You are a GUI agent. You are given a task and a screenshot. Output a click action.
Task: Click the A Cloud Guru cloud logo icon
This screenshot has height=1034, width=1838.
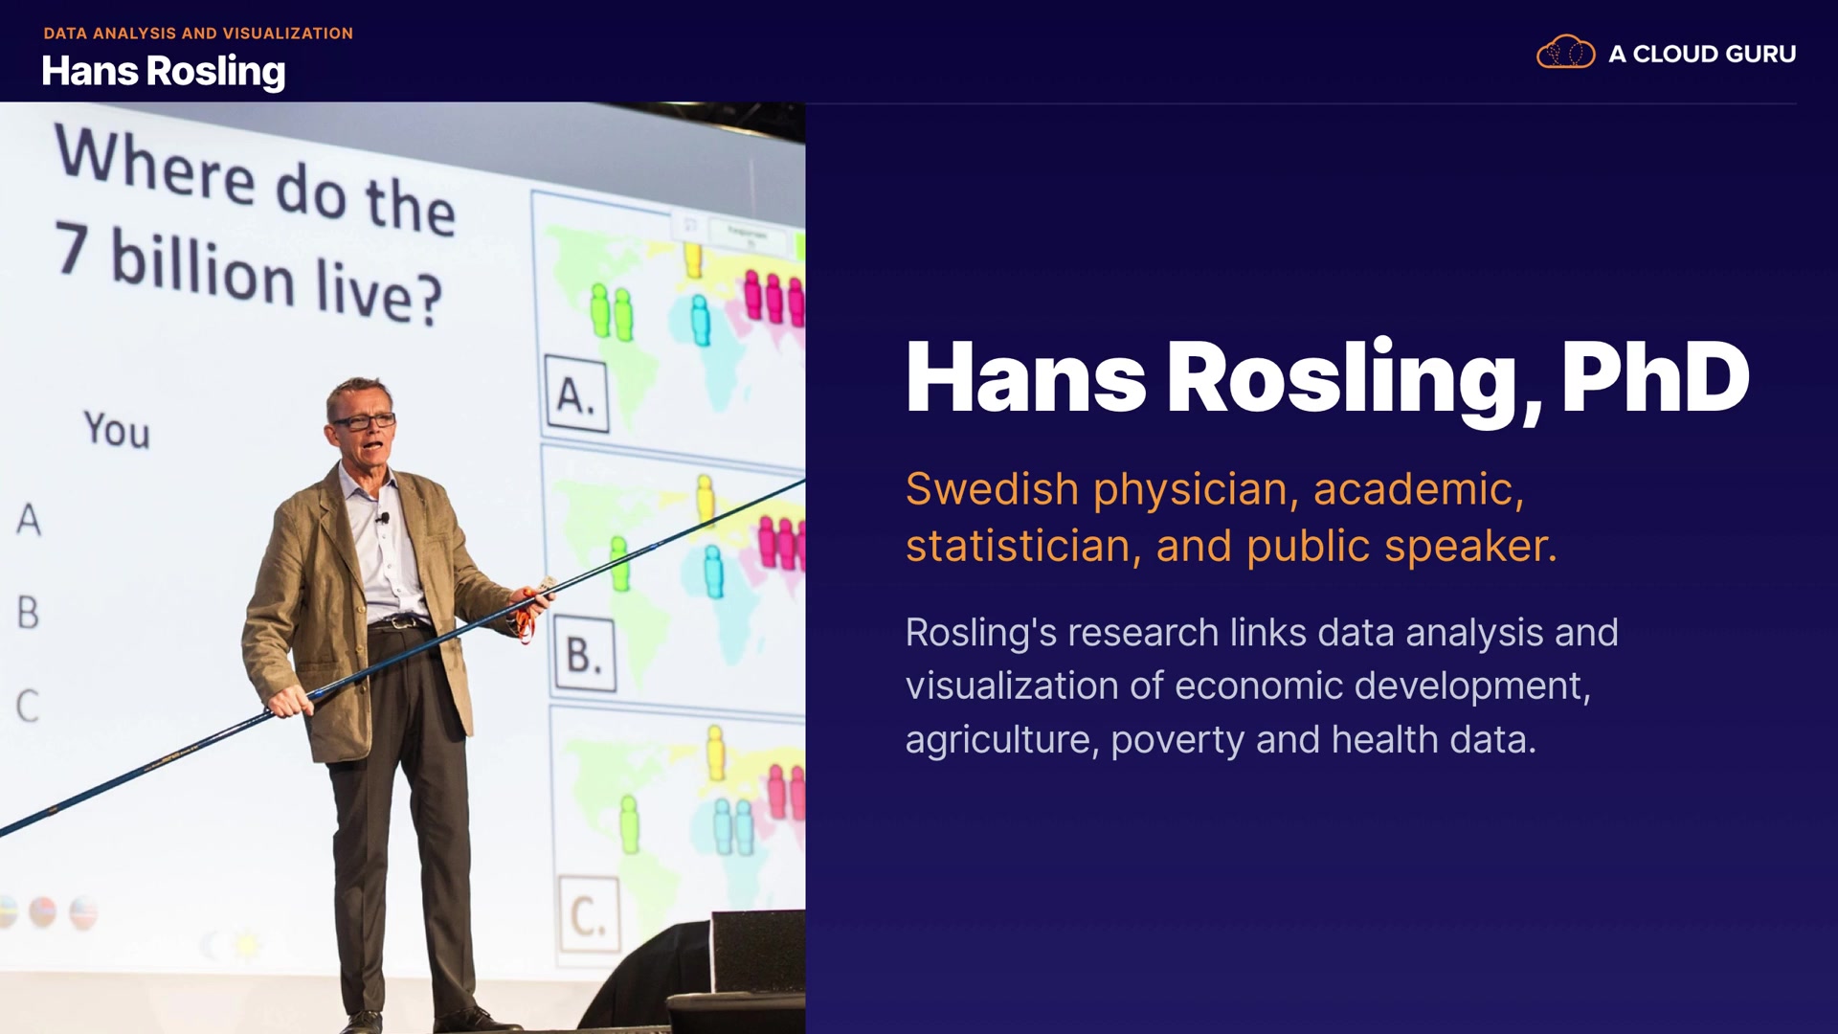click(1565, 52)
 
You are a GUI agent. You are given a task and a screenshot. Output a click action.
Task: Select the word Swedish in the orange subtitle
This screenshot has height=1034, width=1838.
click(993, 489)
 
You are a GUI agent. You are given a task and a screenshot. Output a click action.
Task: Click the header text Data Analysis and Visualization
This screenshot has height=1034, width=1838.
click(198, 34)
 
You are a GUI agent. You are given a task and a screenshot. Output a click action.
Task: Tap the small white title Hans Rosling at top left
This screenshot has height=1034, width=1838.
click(164, 71)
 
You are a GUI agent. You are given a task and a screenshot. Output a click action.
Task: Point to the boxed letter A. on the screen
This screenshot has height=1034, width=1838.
click(576, 393)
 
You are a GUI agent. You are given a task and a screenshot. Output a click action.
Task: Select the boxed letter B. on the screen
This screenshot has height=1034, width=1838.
click(584, 655)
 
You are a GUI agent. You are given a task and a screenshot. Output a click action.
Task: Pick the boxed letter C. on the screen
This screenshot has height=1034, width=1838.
click(589, 914)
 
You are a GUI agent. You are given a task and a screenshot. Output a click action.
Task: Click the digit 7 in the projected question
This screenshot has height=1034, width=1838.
click(73, 247)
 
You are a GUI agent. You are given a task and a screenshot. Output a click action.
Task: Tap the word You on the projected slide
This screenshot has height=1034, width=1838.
click(117, 429)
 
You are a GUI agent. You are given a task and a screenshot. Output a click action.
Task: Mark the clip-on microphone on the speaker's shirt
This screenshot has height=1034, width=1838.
click(383, 518)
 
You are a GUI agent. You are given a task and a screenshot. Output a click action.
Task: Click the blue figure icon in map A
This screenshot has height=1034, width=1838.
click(701, 320)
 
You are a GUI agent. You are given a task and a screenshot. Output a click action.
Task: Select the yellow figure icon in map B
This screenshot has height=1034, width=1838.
click(706, 499)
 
